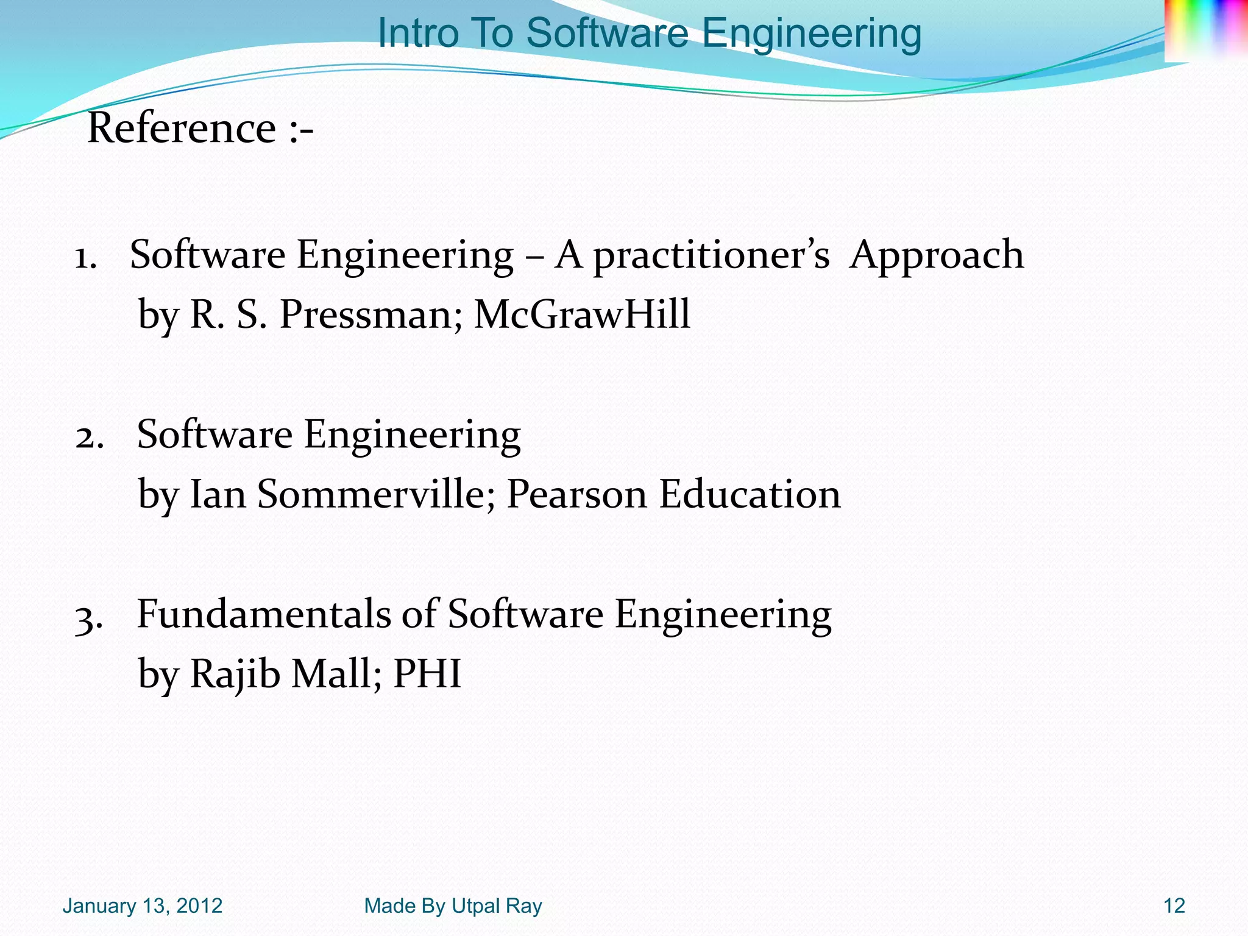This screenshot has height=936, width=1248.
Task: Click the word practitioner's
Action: [x=711, y=255]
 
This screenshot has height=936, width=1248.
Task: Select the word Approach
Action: [x=937, y=255]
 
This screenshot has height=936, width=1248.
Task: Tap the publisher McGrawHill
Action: [x=582, y=315]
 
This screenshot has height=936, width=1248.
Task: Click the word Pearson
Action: [x=576, y=494]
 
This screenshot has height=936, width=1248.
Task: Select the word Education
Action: [x=750, y=494]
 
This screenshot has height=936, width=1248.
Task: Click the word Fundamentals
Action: [x=263, y=614]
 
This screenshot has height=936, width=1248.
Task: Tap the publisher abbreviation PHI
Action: [x=427, y=674]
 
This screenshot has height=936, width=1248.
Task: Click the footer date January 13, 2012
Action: [x=142, y=906]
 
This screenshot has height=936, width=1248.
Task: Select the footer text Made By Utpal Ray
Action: [x=453, y=906]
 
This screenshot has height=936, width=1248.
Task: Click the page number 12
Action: [x=1174, y=906]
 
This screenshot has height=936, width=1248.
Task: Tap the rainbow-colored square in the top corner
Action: [x=1205, y=29]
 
